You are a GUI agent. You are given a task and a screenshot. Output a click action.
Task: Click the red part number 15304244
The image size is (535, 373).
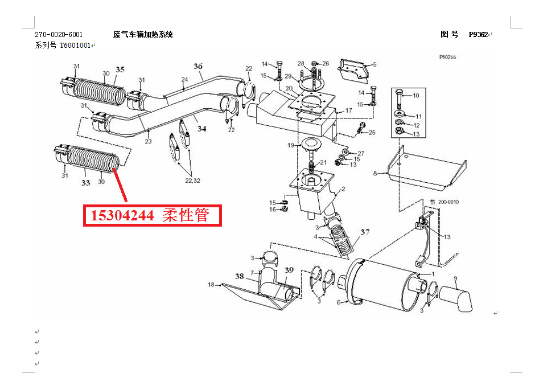click(122, 215)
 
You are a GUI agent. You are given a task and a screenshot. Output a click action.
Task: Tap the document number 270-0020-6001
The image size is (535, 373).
click(59, 35)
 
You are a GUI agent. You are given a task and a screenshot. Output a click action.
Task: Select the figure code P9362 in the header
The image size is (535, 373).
click(478, 35)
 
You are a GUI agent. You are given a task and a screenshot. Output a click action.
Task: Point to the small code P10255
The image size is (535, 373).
click(447, 57)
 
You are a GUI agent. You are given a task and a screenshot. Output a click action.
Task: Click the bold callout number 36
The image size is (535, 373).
click(198, 66)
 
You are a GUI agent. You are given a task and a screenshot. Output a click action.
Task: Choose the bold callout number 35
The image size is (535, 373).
click(120, 69)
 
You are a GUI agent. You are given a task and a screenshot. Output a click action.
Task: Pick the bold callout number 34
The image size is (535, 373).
click(201, 129)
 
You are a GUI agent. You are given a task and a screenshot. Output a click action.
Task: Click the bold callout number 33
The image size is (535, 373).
click(85, 183)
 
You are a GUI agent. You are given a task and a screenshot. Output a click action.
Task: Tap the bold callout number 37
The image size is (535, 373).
click(365, 232)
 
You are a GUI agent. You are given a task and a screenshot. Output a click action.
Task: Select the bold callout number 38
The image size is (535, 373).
click(240, 276)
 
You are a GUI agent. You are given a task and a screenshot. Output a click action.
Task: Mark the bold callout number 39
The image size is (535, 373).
click(289, 270)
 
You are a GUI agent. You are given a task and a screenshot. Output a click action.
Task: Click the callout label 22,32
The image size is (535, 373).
click(192, 181)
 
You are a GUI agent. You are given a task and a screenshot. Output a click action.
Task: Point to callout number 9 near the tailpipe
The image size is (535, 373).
click(455, 279)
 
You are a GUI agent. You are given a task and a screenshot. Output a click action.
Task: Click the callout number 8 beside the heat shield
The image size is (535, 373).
click(375, 173)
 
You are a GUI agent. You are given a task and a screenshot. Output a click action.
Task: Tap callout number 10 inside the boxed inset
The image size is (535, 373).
click(416, 96)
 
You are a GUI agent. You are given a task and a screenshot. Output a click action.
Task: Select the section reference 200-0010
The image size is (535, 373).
click(448, 202)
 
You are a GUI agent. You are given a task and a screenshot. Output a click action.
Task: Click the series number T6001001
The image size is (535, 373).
click(75, 46)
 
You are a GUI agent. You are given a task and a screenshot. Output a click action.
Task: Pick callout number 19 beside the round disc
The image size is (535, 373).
click(291, 145)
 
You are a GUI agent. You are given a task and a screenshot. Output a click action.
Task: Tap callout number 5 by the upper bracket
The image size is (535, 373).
click(374, 64)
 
